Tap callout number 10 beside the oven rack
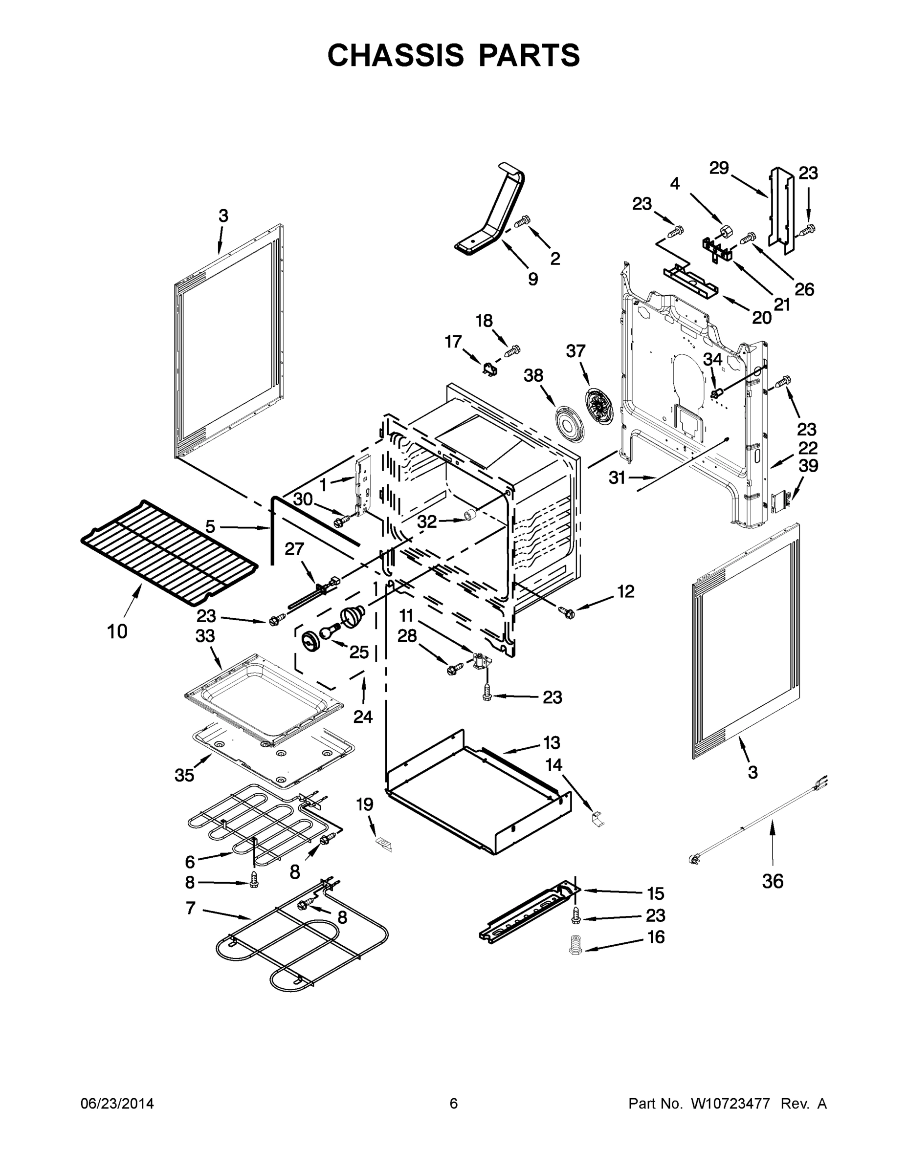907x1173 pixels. [x=117, y=631]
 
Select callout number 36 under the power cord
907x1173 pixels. [x=772, y=881]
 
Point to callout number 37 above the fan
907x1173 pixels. [x=575, y=351]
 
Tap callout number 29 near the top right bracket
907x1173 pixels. [x=718, y=168]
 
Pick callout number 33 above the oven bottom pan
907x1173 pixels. [x=205, y=636]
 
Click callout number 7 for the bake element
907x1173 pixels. [x=191, y=908]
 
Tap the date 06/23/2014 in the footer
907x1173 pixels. [x=117, y=1103]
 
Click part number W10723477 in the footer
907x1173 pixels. [x=730, y=1103]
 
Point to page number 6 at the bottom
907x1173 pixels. [x=454, y=1103]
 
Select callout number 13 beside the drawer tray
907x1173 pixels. [x=552, y=743]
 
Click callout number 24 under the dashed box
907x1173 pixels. [x=363, y=717]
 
